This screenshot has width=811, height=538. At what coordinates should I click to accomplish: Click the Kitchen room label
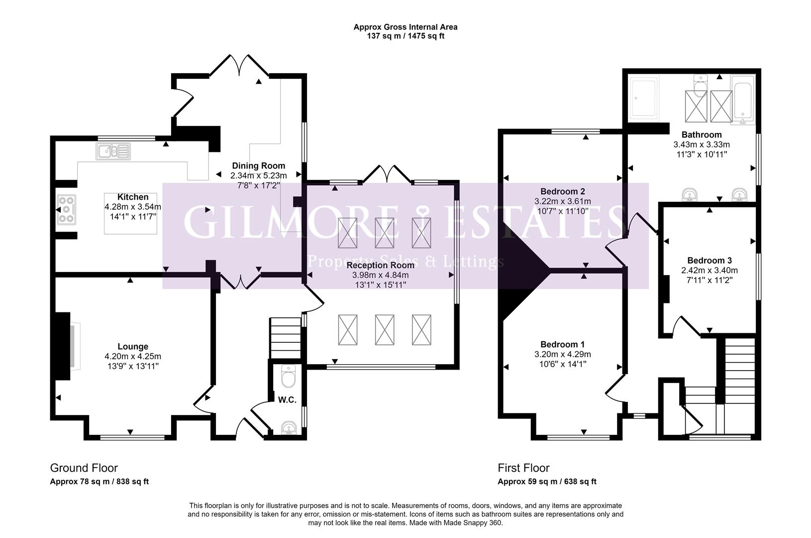pos(132,197)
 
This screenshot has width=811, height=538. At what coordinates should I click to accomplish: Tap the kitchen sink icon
pos(113,151)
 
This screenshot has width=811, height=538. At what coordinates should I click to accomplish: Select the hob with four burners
pos(67,209)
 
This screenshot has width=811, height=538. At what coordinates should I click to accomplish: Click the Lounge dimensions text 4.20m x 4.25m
pos(133,356)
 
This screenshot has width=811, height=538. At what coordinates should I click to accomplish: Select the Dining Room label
pos(258,166)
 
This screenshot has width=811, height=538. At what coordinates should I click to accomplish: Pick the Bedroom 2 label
pos(562,191)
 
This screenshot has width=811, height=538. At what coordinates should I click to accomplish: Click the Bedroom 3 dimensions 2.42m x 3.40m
pos(709,270)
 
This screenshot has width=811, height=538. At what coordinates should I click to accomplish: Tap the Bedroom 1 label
pos(562,344)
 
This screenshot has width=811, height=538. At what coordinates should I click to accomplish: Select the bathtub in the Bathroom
pos(742,100)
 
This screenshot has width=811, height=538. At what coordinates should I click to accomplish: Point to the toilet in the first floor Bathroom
pos(701,85)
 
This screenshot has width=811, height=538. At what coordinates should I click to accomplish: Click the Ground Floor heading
pos(84,468)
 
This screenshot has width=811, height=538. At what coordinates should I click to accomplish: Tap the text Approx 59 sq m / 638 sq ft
pos(547,482)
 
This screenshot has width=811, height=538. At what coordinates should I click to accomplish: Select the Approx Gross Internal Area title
pos(405,27)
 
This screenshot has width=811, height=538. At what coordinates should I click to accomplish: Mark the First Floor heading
pos(523,468)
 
